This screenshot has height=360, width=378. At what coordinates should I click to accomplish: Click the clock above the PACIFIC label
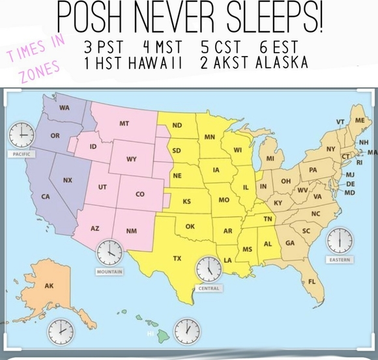tap(21, 135)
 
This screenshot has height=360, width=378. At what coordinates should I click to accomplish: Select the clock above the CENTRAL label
tap(209, 268)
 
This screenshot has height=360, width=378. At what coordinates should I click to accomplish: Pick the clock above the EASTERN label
tap(339, 241)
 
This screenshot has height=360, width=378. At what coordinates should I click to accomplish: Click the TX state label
tap(177, 258)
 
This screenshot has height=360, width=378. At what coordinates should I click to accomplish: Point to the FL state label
tap(311, 281)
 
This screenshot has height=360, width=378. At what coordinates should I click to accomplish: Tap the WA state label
tap(65, 107)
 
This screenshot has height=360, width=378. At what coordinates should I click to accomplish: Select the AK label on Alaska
tap(49, 286)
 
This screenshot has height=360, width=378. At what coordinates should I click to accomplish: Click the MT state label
tap(124, 123)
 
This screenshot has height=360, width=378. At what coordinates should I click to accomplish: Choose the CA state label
tap(46, 197)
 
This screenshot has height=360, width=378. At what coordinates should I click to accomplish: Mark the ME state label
tap(359, 120)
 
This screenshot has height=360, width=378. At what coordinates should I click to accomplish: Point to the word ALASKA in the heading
tap(282, 63)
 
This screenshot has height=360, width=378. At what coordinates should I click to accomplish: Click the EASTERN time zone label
tap(339, 260)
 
